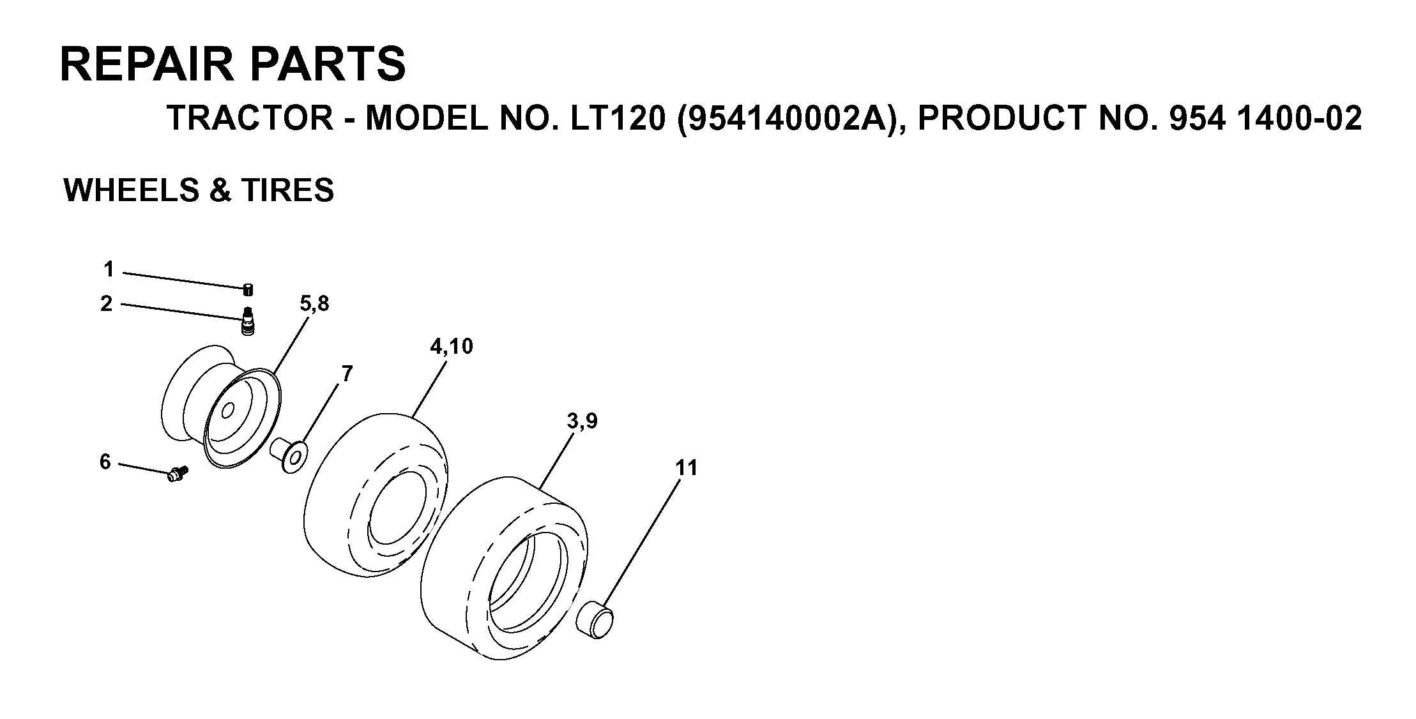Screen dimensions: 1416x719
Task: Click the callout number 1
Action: point(109,269)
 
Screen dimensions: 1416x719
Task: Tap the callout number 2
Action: point(106,304)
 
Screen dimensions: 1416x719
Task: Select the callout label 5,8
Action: point(314,304)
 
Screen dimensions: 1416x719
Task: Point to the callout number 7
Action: point(347,374)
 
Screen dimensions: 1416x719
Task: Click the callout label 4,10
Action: point(451,347)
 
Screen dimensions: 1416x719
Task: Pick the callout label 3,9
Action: point(582,421)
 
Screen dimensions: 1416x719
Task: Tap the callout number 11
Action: point(687,468)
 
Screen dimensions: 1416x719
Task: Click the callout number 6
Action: point(105,461)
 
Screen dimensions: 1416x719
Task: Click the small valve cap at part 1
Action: point(248,290)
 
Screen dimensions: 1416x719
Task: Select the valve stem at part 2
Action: point(248,321)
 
